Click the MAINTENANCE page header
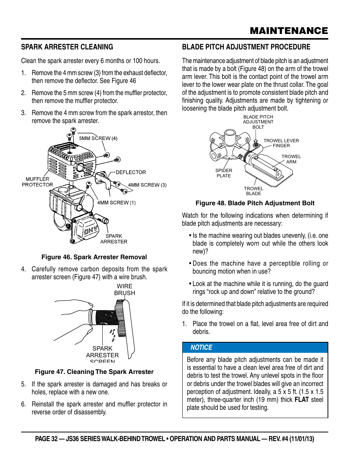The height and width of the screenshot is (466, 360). tap(289, 31)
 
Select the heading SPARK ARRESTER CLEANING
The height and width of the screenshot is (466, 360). tap(67, 47)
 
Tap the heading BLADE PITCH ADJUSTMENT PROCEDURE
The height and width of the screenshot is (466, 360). tap(246, 47)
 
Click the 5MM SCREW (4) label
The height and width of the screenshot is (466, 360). tap(98, 138)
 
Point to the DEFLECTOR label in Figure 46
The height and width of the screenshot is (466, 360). tap(131, 172)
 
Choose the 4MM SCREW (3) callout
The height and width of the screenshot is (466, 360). tap(147, 185)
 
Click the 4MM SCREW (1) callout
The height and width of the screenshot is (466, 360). tap(116, 203)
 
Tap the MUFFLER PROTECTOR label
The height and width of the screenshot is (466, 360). tap(37, 182)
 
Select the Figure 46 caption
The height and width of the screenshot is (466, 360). tap(94, 257)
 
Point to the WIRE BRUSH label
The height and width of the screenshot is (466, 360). tap(125, 289)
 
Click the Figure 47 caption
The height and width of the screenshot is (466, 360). tap(94, 372)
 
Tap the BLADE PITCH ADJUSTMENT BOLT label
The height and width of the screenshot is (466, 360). tap(258, 122)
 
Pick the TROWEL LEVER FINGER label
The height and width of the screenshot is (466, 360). tap(281, 143)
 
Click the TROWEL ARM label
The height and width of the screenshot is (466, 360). tap(291, 159)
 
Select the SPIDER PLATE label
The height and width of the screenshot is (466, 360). tap(224, 173)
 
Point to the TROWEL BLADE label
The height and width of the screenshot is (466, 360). tap(254, 191)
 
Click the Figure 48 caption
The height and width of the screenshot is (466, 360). tap(255, 203)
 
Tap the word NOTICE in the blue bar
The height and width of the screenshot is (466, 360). tap(201, 348)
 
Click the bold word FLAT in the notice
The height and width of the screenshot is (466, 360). tap(302, 400)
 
